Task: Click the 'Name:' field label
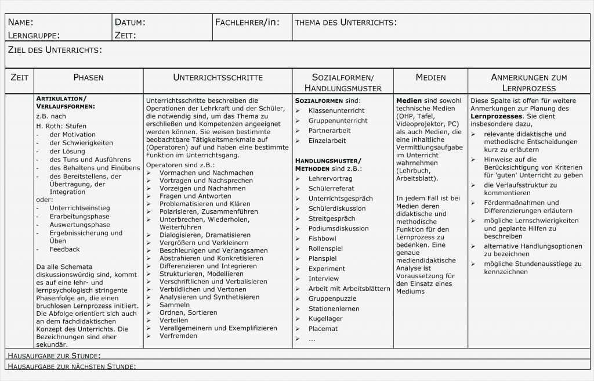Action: tap(20, 23)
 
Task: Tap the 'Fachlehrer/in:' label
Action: tap(247, 23)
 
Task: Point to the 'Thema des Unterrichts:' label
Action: tap(346, 23)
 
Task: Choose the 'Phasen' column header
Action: tap(88, 77)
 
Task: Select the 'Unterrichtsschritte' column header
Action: tap(218, 77)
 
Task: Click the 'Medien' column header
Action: tap(430, 77)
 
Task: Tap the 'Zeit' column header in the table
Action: tap(19, 77)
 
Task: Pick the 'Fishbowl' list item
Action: tap(322, 239)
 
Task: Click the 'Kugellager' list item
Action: tap(325, 319)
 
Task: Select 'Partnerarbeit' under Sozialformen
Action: tap(329, 131)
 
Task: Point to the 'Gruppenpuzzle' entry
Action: tap(332, 299)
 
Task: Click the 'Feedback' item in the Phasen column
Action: tap(64, 249)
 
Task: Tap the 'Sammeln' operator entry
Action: tap(175, 304)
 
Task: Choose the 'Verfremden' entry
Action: tap(178, 336)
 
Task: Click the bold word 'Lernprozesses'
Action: tap(494, 116)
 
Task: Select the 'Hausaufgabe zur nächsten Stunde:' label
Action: tap(73, 366)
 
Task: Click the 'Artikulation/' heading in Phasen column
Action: tap(61, 99)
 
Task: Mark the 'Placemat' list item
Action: tap(323, 329)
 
